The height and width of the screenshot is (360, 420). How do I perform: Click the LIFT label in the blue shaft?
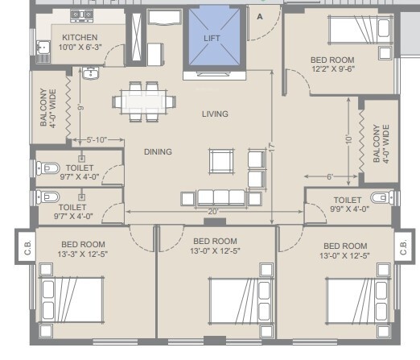[211, 39]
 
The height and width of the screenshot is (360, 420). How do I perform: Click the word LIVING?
[215, 114]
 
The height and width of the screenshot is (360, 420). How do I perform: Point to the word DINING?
[159, 151]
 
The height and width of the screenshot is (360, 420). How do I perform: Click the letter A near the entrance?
[259, 15]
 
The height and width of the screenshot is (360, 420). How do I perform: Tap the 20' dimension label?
[213, 212]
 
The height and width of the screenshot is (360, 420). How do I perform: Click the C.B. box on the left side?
[26, 247]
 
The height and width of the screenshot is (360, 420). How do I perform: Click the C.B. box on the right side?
[405, 247]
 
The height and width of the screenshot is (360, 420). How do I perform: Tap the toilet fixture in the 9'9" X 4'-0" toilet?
[379, 198]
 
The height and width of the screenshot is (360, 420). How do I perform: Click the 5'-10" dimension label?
[97, 140]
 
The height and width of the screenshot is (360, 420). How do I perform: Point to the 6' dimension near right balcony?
[329, 177]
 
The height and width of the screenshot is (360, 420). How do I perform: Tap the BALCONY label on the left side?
[43, 108]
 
